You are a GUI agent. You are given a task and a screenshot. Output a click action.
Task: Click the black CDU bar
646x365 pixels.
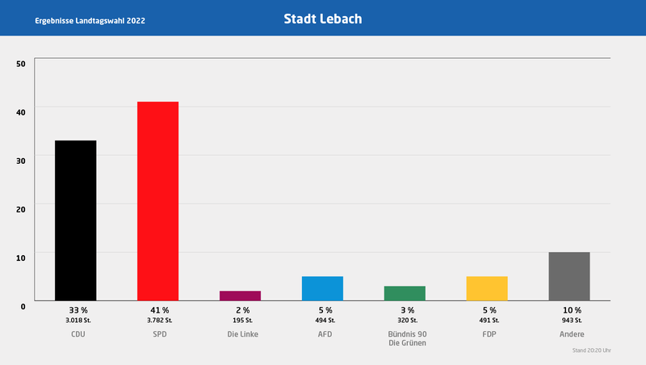click(x=75, y=220)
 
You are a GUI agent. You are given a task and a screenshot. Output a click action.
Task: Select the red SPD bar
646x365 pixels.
click(x=157, y=201)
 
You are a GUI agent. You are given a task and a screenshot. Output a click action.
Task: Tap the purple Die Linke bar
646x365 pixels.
click(x=240, y=296)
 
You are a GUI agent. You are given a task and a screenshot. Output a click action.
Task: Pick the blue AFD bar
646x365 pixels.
click(x=322, y=288)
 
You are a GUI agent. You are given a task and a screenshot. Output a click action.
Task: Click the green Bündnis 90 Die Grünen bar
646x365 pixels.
click(x=405, y=293)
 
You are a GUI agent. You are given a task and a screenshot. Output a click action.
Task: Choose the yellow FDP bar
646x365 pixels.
click(x=487, y=288)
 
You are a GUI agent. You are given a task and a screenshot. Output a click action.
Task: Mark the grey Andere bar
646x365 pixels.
click(x=569, y=276)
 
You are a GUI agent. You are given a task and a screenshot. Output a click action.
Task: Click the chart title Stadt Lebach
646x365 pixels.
click(x=322, y=18)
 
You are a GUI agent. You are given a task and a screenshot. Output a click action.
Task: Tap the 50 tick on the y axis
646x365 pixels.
click(x=21, y=63)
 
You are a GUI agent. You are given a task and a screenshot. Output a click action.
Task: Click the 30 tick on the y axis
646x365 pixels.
click(x=21, y=160)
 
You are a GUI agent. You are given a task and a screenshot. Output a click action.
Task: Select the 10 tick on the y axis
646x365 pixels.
click(x=21, y=257)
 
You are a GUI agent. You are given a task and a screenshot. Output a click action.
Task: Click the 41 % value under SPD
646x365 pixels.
click(x=159, y=310)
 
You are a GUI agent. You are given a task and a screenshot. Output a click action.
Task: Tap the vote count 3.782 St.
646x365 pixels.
click(x=159, y=321)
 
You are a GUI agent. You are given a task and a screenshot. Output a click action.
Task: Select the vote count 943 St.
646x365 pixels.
click(x=571, y=321)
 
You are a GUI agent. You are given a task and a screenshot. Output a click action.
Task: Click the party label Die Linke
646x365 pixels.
click(x=241, y=334)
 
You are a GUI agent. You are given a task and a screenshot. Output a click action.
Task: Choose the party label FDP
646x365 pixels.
click(x=489, y=334)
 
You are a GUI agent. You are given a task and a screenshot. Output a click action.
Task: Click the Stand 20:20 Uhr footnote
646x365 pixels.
click(x=591, y=351)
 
